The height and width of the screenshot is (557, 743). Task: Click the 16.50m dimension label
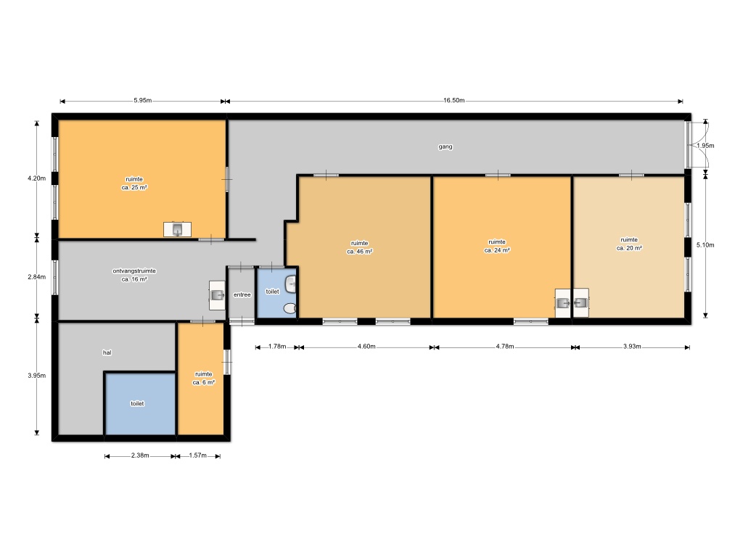453,100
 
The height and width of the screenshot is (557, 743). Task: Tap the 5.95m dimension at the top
142,100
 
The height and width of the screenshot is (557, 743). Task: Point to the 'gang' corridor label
445,147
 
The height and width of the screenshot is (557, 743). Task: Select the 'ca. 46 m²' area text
359,252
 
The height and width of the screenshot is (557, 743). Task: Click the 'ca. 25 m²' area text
134,188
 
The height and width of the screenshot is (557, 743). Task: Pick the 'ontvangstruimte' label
134,271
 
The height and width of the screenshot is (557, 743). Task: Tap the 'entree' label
242,294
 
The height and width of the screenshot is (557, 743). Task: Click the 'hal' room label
107,352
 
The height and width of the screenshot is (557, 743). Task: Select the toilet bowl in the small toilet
290,308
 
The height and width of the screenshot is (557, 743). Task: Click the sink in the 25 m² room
177,229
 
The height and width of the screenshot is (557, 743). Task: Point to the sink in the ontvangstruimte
217,296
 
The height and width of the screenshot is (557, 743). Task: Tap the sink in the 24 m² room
563,302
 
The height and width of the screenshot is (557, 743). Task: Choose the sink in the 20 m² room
581,302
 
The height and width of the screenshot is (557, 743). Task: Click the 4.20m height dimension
36,178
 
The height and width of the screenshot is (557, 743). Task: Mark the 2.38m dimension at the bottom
140,455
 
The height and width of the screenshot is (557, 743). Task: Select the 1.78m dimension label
277,346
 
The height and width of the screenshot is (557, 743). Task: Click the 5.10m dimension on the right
705,245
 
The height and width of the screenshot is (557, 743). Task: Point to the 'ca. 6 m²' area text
203,382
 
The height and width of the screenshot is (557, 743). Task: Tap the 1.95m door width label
705,145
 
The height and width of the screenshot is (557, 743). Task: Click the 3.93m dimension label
632,346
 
